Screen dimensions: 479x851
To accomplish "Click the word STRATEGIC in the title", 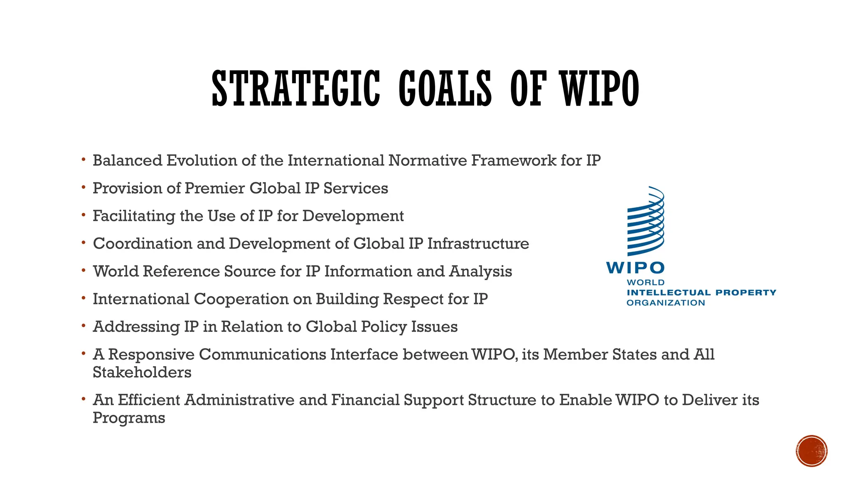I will pyautogui.click(x=296, y=89).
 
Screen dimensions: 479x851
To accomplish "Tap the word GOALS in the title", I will pyautogui.click(x=445, y=89).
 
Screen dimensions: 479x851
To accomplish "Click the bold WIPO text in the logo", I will pyautogui.click(x=635, y=268).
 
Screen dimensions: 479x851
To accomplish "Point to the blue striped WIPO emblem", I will pyautogui.click(x=646, y=222).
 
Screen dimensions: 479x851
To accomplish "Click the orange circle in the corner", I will pyautogui.click(x=812, y=451).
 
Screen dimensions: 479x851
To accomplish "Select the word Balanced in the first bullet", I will pyautogui.click(x=127, y=160).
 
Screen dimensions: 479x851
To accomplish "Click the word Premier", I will pyautogui.click(x=214, y=188).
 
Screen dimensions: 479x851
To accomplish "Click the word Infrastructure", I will pyautogui.click(x=478, y=244).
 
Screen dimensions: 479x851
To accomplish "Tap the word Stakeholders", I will pyautogui.click(x=142, y=373).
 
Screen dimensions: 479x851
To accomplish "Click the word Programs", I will pyautogui.click(x=129, y=418).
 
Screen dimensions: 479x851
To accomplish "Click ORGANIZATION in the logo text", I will pyautogui.click(x=666, y=303).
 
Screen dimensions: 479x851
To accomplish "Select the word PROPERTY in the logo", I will pyautogui.click(x=746, y=293).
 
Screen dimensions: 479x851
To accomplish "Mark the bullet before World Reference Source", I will pyautogui.click(x=84, y=271).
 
